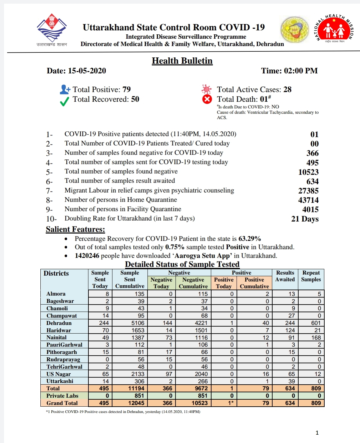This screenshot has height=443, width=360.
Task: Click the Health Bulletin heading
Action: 182,61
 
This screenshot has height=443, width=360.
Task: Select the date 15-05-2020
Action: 87,71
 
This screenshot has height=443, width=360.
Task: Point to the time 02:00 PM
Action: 301,71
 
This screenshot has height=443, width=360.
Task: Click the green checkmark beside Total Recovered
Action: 64,101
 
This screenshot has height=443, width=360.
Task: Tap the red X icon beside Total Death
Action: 207,99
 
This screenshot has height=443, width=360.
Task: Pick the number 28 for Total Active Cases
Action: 287,89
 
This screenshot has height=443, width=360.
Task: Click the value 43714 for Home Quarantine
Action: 308,200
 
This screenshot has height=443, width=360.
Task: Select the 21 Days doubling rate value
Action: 305,219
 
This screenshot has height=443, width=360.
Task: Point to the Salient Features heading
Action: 75,230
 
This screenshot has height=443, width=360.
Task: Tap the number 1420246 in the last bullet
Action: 87,256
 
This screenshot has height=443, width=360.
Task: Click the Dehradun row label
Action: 59,323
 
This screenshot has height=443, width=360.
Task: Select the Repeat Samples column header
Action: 311,276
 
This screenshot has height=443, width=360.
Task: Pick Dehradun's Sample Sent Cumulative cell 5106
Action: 137,323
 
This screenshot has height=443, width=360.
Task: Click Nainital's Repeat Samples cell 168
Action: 316,338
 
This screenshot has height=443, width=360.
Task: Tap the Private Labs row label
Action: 62,396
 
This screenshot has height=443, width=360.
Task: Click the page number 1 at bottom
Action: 317,433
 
